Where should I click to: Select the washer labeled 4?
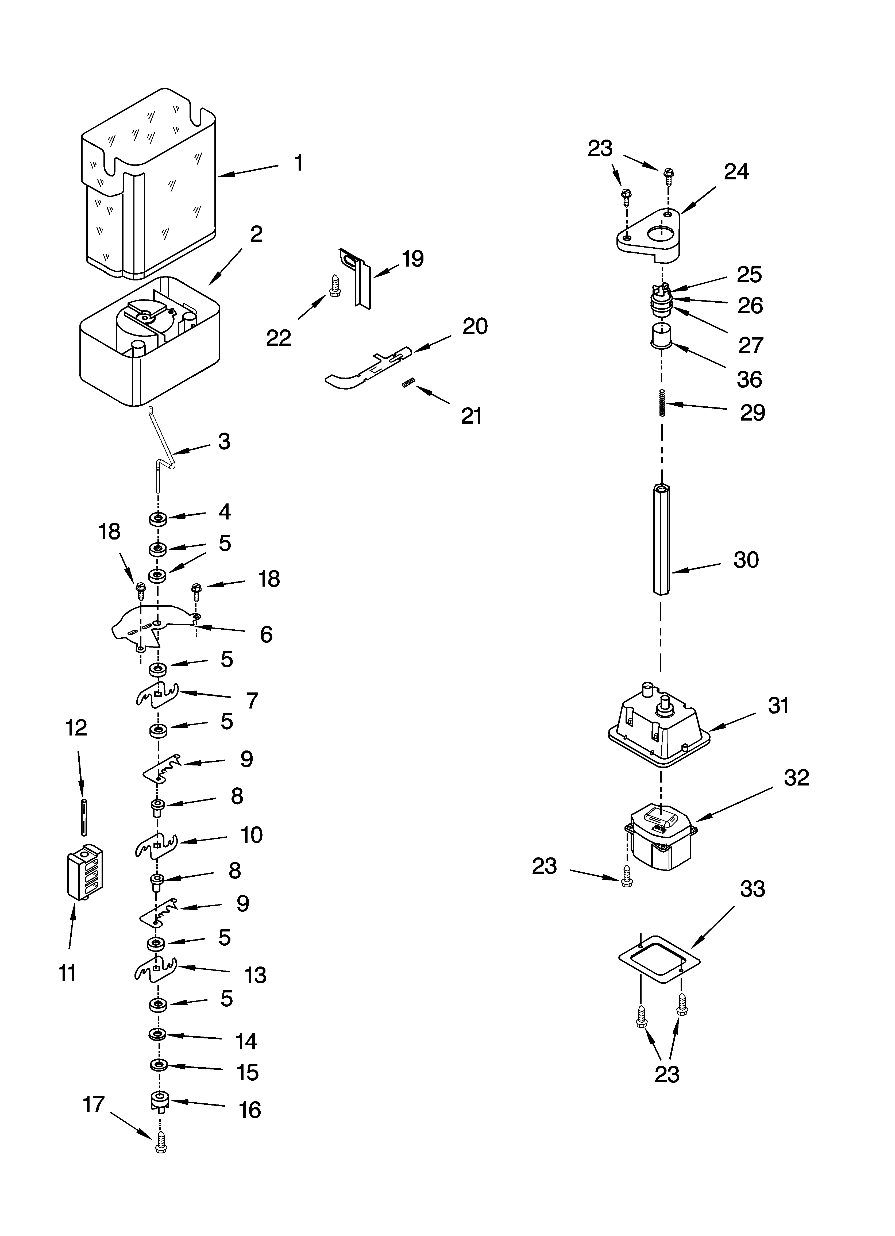point(158,519)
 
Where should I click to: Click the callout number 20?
point(475,326)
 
